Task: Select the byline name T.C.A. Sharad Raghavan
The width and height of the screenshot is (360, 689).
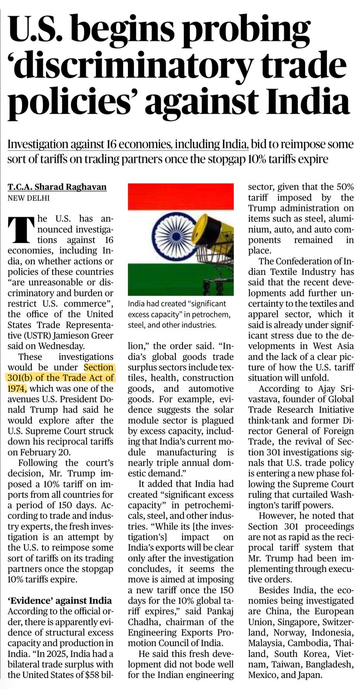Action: (x=57, y=187)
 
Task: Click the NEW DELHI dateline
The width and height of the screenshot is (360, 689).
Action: (x=28, y=198)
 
